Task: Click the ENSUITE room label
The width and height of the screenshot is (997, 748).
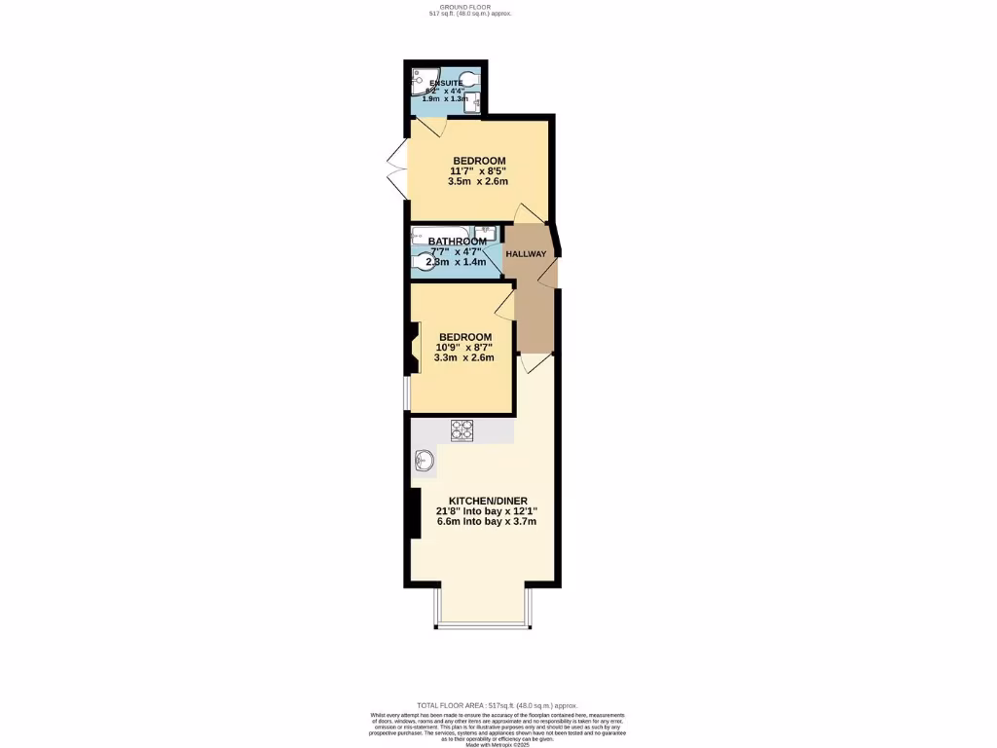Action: [x=446, y=83]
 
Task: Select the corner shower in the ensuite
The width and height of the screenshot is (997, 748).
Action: [x=422, y=79]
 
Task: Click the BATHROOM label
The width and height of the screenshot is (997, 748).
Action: [x=457, y=242]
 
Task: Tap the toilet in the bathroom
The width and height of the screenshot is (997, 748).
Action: [x=423, y=262]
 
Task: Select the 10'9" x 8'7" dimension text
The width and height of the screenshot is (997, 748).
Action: [x=464, y=347]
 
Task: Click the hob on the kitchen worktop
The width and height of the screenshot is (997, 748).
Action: [x=462, y=430]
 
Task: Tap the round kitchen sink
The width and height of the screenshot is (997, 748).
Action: [x=425, y=462]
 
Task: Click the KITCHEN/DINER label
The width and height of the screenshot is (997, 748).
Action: [x=481, y=501]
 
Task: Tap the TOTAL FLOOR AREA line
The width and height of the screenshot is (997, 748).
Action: [x=498, y=705]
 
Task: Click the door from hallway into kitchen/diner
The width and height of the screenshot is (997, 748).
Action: [x=530, y=361]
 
